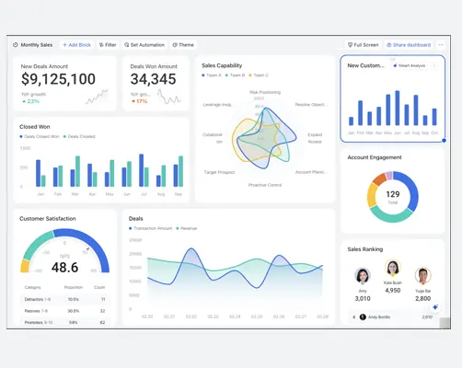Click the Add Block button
coord(76,44)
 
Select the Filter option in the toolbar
coord(109,44)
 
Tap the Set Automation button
coord(144,44)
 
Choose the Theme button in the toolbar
coord(183,44)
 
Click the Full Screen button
coord(364,44)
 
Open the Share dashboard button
coord(408,44)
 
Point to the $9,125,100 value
coord(58,80)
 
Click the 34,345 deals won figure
coord(153,80)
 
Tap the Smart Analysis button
coord(409,65)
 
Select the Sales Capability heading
coord(222,65)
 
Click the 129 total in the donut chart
coord(393,194)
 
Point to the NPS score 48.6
coord(64,268)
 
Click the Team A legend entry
coord(214,75)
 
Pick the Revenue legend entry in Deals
coord(187,228)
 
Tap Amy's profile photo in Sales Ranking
coord(363,275)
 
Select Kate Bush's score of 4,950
coord(393,290)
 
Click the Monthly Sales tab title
coord(36,44)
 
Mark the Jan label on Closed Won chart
coord(40,194)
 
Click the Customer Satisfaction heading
coord(48,218)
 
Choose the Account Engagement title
coord(375,157)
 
